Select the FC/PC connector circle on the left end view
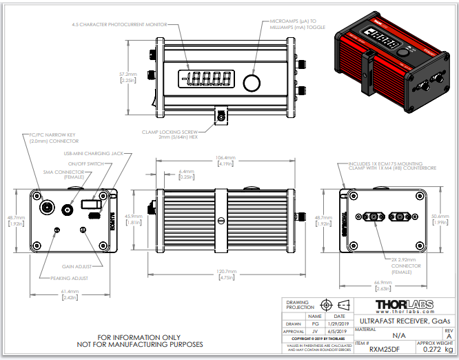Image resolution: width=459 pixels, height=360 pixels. [47, 208]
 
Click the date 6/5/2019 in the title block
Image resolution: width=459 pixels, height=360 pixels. [335, 331]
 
